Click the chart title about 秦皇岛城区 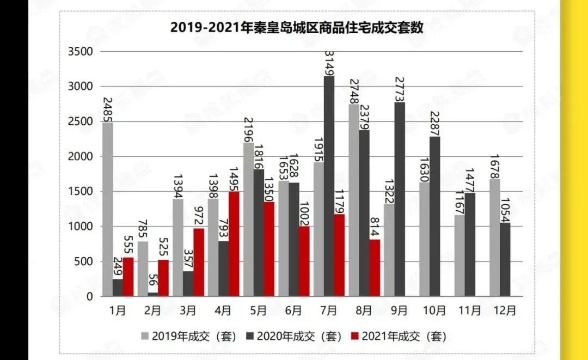tap(297, 27)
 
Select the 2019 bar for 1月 tap(107, 210)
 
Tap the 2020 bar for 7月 tap(329, 186)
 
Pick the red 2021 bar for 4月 tap(234, 244)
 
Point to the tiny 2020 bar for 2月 tap(153, 295)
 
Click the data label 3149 tap(329, 63)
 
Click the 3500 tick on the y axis tap(81, 52)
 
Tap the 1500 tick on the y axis tap(81, 192)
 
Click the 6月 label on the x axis tap(293, 310)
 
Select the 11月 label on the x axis tap(470, 310)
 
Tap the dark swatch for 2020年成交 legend tap(251, 336)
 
